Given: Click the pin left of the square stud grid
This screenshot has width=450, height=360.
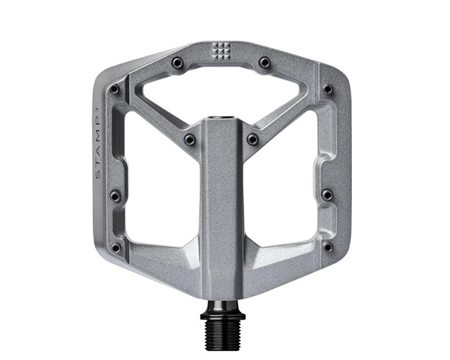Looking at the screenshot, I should pos(176,63).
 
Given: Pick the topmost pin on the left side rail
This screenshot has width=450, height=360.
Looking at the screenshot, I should pos(114,89).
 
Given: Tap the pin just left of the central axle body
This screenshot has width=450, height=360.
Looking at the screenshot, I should pos(190,139).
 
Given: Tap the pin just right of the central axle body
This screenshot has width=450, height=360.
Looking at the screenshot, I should pos(253,139).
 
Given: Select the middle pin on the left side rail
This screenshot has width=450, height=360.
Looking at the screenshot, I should pos(114,195).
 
